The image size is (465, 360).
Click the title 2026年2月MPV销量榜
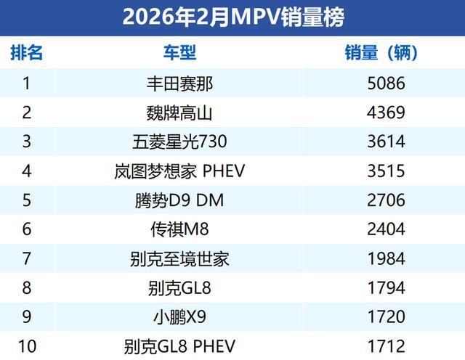pyautogui.click(x=232, y=16)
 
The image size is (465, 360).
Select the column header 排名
pyautogui.click(x=27, y=53)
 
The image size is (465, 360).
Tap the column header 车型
pyautogui.click(x=179, y=53)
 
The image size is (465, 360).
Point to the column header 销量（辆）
pyautogui.click(x=381, y=53)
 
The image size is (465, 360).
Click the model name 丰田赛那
pyautogui.click(x=179, y=83)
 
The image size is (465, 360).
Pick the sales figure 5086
pyautogui.click(x=387, y=83)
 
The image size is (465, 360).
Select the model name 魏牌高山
pyautogui.click(x=179, y=112)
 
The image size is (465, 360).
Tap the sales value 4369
pyautogui.click(x=387, y=112)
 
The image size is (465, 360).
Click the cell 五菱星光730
pyautogui.click(x=179, y=142)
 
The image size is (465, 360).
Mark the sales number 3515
pyautogui.click(x=387, y=171)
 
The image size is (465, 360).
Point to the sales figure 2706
pyautogui.click(x=387, y=200)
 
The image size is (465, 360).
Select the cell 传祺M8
pyautogui.click(x=179, y=229)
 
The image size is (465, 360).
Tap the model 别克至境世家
pyautogui.click(x=179, y=259)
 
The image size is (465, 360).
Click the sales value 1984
pyautogui.click(x=387, y=259)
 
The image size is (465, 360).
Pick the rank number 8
pyautogui.click(x=27, y=288)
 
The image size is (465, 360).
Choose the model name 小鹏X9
pyautogui.click(x=179, y=317)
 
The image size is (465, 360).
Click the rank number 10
pyautogui.click(x=27, y=346)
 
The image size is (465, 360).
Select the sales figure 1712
pyautogui.click(x=387, y=346)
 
